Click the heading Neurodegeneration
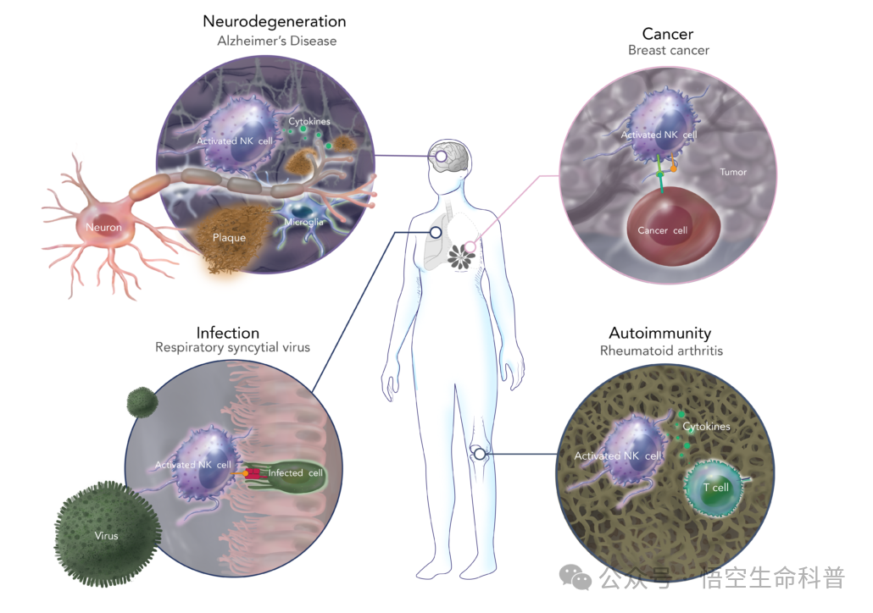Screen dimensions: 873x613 coord(275,22)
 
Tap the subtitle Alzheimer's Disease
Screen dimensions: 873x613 coord(276,41)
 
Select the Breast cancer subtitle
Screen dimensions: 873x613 coord(669,50)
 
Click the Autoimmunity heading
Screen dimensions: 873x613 coord(660,334)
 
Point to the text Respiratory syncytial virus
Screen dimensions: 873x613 coord(233,348)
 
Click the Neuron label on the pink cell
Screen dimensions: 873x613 coord(103,228)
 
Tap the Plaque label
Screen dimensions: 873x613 coord(229,238)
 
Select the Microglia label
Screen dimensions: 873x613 coord(303,222)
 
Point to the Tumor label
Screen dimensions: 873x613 coord(732,173)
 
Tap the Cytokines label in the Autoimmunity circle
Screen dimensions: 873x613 coord(706,427)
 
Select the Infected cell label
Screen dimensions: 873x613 coord(296,472)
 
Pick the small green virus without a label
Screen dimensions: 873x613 coord(142,402)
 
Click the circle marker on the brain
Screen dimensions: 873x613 coord(441,157)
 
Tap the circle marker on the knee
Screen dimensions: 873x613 coord(480,455)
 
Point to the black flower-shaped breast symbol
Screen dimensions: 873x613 coord(461,257)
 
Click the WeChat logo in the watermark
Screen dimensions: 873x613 coord(576,577)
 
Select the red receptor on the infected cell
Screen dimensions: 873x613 coord(253,473)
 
